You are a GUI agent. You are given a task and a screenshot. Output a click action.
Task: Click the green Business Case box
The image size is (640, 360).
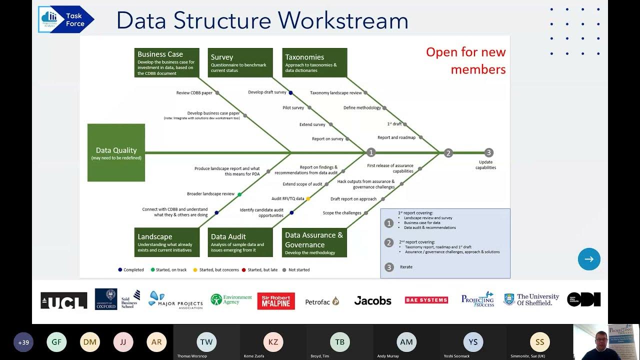(167, 62)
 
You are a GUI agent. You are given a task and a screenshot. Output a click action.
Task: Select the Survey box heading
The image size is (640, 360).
(222, 57)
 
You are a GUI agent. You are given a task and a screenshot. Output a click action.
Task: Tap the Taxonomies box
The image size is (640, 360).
(314, 62)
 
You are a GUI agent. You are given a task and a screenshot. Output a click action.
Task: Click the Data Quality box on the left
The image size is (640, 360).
(116, 152)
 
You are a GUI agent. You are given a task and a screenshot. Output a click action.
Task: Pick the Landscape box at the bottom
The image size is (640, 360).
(167, 242)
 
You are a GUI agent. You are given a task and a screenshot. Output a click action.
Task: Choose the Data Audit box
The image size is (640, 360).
(240, 242)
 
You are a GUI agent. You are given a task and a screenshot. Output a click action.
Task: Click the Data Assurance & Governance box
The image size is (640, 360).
(314, 242)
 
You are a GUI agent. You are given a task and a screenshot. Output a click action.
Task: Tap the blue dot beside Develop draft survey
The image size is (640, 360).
(290, 92)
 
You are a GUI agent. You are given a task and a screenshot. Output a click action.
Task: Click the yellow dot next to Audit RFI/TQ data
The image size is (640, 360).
(308, 198)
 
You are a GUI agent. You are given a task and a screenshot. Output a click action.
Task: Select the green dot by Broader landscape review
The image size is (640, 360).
(239, 194)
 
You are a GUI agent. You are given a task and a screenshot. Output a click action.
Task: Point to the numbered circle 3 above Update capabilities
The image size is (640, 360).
(489, 152)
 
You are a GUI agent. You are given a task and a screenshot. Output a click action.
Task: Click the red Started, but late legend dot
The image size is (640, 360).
(244, 270)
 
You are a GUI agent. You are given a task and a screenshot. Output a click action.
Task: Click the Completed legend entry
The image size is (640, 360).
(131, 270)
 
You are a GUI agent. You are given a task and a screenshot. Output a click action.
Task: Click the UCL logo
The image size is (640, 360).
(64, 300)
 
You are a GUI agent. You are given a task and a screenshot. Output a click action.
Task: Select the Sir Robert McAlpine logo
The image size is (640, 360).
(276, 301)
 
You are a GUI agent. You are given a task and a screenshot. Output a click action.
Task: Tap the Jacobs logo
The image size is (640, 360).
(372, 300)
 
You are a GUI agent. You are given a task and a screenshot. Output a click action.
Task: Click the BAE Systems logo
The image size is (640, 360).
(426, 300)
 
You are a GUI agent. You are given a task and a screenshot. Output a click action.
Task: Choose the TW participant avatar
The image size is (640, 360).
(206, 342)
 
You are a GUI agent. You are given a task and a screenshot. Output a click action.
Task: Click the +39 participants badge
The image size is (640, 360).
(23, 342)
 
